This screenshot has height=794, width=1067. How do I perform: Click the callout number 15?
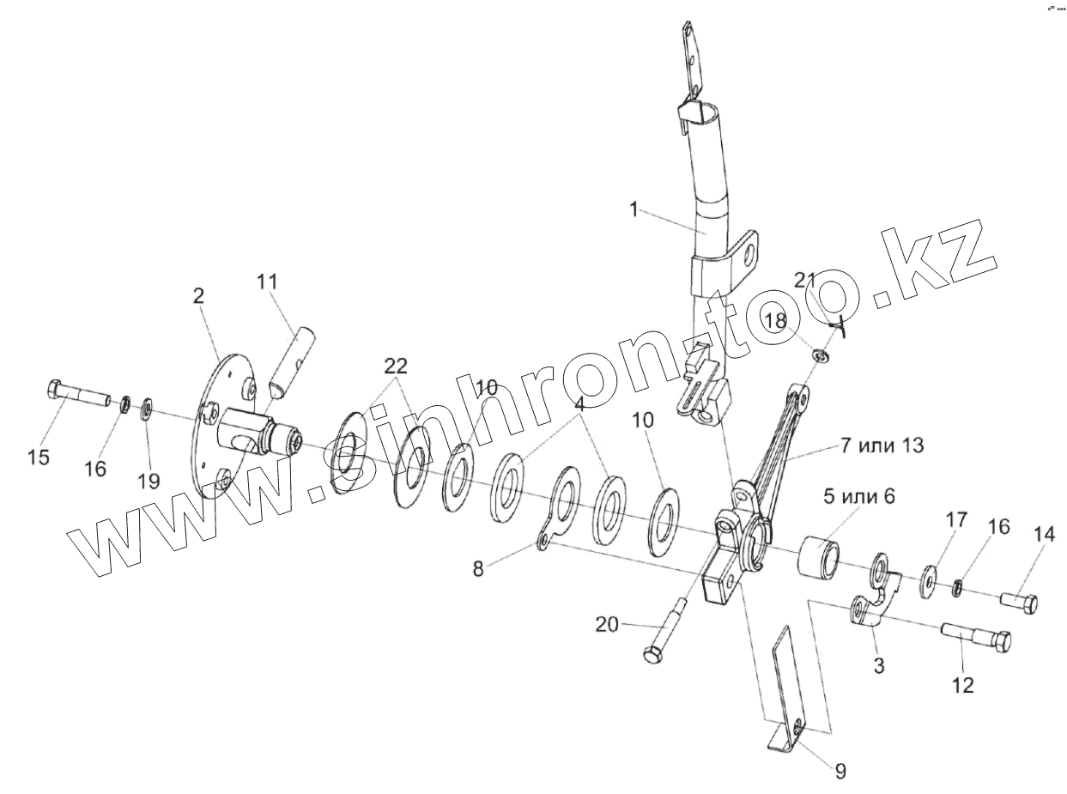click(x=39, y=458)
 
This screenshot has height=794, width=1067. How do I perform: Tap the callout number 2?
click(x=199, y=296)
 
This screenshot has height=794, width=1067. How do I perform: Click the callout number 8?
click(x=478, y=568)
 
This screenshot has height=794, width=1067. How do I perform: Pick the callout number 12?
click(x=962, y=685)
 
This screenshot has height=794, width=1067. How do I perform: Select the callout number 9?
click(x=840, y=772)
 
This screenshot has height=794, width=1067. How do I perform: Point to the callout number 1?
click(x=634, y=209)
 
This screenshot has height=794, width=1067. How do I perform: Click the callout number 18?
click(x=775, y=319)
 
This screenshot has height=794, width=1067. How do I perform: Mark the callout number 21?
click(x=804, y=280)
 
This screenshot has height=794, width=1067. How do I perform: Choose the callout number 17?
click(x=956, y=519)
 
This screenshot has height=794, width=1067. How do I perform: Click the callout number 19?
click(x=149, y=481)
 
